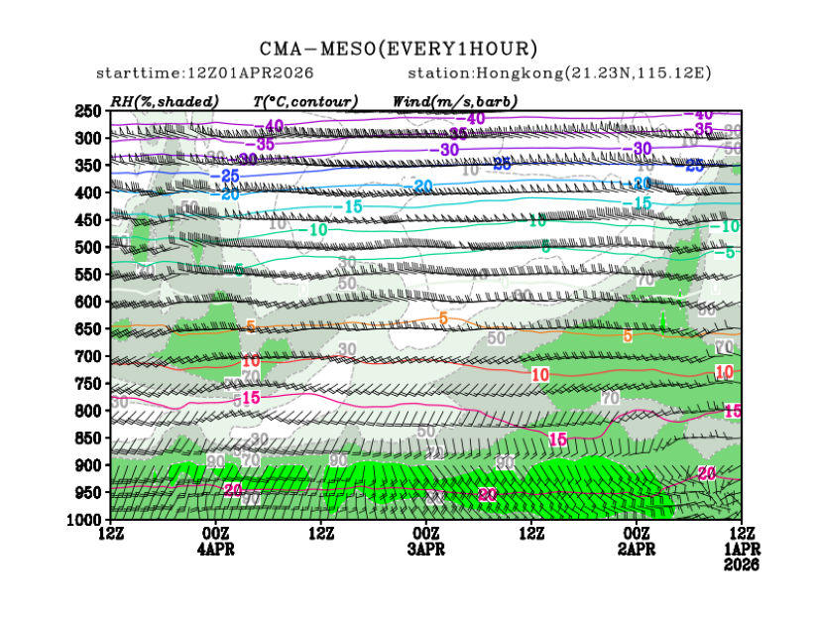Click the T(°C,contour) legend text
(x=305, y=101)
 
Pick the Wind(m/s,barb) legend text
(x=455, y=101)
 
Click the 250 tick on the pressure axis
(x=89, y=111)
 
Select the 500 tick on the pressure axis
(x=89, y=247)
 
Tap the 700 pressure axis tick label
(x=89, y=356)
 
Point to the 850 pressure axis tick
(x=89, y=438)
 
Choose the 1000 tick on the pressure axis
(x=86, y=519)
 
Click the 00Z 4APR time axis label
(x=216, y=543)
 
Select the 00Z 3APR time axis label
(x=426, y=543)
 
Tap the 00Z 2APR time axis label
(x=637, y=543)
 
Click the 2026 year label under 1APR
(x=741, y=565)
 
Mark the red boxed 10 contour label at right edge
(x=725, y=372)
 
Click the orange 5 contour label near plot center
(x=443, y=317)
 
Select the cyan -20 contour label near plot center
(x=423, y=186)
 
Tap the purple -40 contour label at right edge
(x=703, y=115)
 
